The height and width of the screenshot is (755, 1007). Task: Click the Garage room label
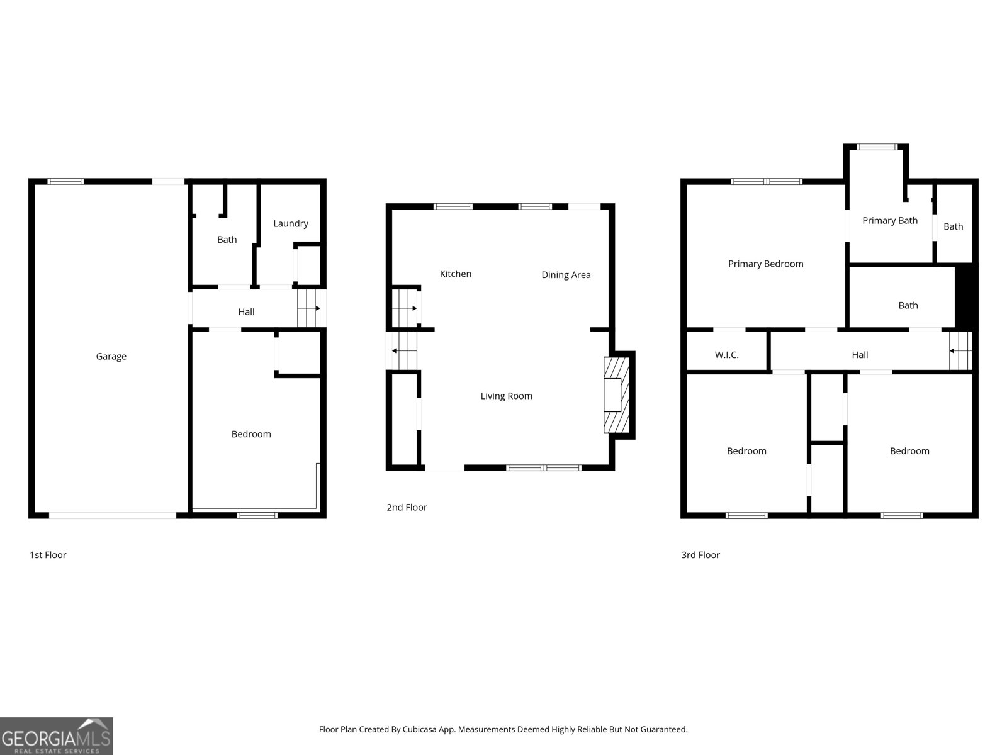pos(111,356)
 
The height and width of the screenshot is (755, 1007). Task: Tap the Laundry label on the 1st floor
pos(290,223)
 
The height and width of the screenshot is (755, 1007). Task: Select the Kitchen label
pos(455,274)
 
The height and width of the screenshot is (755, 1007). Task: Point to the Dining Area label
pos(566,275)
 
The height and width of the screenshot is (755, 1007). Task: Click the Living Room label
pos(506,396)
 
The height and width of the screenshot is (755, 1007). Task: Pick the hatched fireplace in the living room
pos(616,395)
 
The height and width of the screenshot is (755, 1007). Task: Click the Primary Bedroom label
pos(765,264)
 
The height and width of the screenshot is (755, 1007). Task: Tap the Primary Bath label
pos(889,220)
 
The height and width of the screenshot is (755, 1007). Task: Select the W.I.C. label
pos(726,355)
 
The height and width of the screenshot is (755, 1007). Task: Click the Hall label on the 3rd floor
pos(860,355)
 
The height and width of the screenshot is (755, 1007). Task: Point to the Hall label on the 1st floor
pos(246,311)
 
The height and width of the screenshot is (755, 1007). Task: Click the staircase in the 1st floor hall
pos(309,308)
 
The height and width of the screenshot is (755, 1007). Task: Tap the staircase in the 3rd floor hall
pos(960,351)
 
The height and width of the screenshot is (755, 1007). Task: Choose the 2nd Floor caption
pos(407,507)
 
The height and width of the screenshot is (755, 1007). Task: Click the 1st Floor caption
pos(48,555)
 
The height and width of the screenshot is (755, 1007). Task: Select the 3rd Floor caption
pos(700,555)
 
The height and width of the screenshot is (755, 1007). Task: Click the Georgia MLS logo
pos(57,736)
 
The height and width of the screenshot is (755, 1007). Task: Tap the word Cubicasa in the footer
pos(419,729)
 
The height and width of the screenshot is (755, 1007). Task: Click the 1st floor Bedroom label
pos(251,434)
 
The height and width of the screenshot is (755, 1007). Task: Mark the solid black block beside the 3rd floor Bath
pos(965,296)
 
